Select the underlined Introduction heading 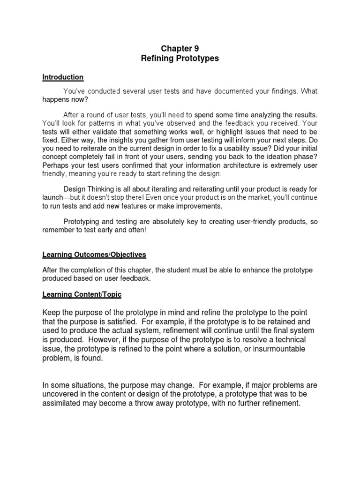click(x=63, y=77)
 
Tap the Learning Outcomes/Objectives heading click(x=94, y=255)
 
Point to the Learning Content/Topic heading click(x=82, y=294)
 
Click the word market click(x=257, y=197)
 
